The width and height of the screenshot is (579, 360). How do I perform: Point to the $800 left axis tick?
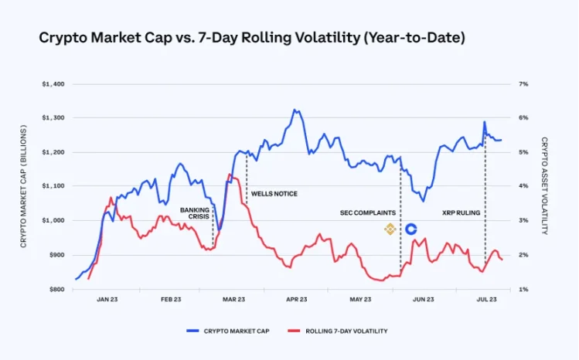[54, 290]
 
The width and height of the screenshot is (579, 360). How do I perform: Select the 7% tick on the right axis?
[523, 83]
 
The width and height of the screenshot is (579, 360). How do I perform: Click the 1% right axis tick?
[523, 290]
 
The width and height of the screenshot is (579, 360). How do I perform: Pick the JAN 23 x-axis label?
[107, 299]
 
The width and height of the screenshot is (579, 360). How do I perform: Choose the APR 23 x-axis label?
[297, 299]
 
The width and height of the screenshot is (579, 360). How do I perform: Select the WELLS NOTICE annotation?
[274, 193]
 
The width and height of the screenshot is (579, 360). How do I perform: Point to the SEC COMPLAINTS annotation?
[368, 212]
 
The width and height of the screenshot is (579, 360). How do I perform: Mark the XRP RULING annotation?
[461, 212]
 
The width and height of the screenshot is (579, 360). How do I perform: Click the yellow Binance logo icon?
[390, 229]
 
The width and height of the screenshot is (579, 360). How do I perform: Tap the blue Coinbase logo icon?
[411, 229]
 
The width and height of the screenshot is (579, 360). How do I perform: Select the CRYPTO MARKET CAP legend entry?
[225, 331]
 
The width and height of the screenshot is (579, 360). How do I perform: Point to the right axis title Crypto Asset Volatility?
[544, 186]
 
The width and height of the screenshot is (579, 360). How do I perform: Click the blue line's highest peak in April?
[295, 110]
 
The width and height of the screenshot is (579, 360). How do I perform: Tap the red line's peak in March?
[229, 175]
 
